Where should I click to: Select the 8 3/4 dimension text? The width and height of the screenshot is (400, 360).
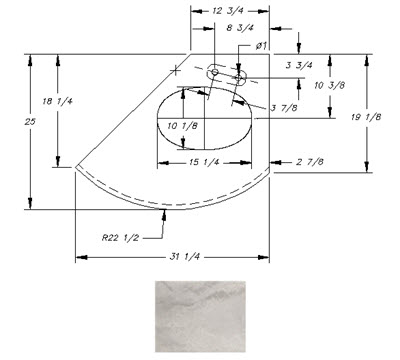[x=240, y=28]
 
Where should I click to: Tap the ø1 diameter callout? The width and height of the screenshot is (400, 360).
[x=262, y=46]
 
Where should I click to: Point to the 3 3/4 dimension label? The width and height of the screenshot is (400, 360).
[x=299, y=65]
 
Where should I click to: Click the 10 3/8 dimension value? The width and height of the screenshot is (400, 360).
[x=329, y=86]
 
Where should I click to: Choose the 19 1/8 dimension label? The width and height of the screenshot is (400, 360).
[x=366, y=117]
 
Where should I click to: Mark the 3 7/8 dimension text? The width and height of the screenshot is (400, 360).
[x=284, y=108]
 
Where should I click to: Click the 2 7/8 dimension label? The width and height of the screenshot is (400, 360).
[x=310, y=162]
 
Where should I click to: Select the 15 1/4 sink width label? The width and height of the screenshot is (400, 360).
[x=204, y=162]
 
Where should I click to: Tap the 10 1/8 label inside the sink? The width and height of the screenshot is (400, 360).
[x=182, y=126]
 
